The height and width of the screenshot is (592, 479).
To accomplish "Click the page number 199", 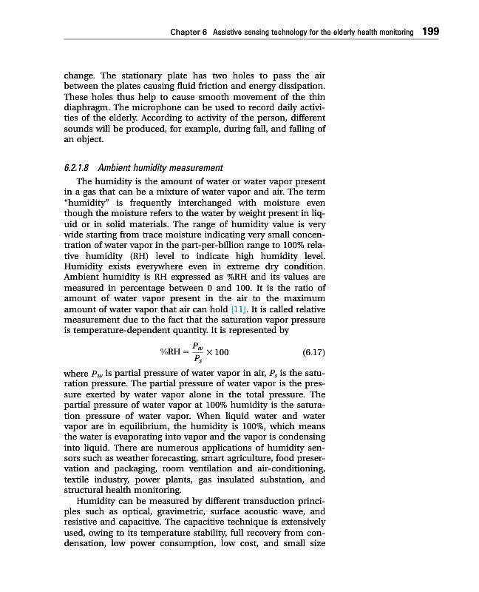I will click(430, 32).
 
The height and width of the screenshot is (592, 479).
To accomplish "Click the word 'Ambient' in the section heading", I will click(118, 168).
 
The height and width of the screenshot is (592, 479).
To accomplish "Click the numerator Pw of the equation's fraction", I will click(197, 344).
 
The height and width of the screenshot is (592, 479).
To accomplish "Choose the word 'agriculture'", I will click(246, 459).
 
